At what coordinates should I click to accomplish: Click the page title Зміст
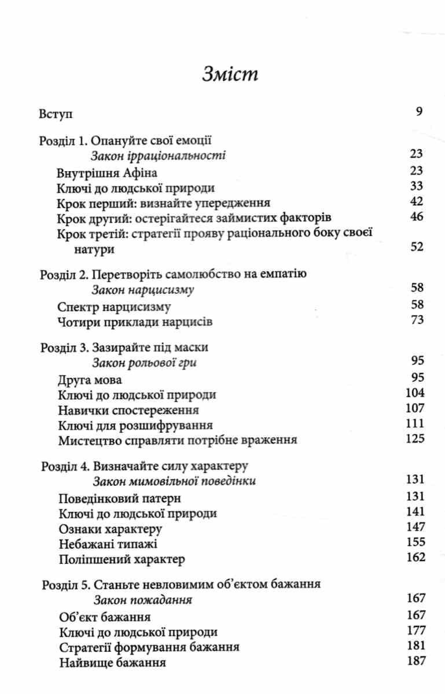pyautogui.click(x=222, y=75)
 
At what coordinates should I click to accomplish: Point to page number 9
pyautogui.click(x=420, y=112)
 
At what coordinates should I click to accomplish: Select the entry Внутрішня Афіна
pyautogui.click(x=108, y=172)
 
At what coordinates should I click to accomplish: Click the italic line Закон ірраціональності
pyautogui.click(x=158, y=156)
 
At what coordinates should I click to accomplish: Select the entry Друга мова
pyautogui.click(x=90, y=380)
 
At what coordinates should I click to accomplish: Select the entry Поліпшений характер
pyautogui.click(x=122, y=559)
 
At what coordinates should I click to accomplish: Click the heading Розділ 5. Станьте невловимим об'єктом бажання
pyautogui.click(x=181, y=584)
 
